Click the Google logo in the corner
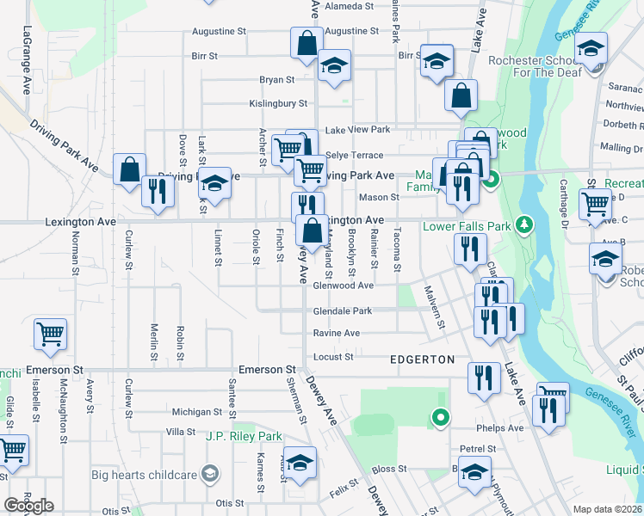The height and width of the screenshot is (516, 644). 28,506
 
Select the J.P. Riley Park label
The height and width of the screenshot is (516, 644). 244,436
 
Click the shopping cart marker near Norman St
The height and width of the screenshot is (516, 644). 50,334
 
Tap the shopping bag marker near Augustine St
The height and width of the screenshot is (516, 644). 307,43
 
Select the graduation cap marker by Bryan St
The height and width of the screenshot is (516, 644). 334,65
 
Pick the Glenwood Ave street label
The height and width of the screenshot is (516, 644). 343,286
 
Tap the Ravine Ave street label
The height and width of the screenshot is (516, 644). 336,333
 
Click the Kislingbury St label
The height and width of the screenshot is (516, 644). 278,103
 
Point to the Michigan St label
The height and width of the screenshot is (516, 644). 197,412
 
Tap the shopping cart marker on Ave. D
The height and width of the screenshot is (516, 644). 595,205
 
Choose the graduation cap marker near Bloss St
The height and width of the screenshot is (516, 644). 474,473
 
